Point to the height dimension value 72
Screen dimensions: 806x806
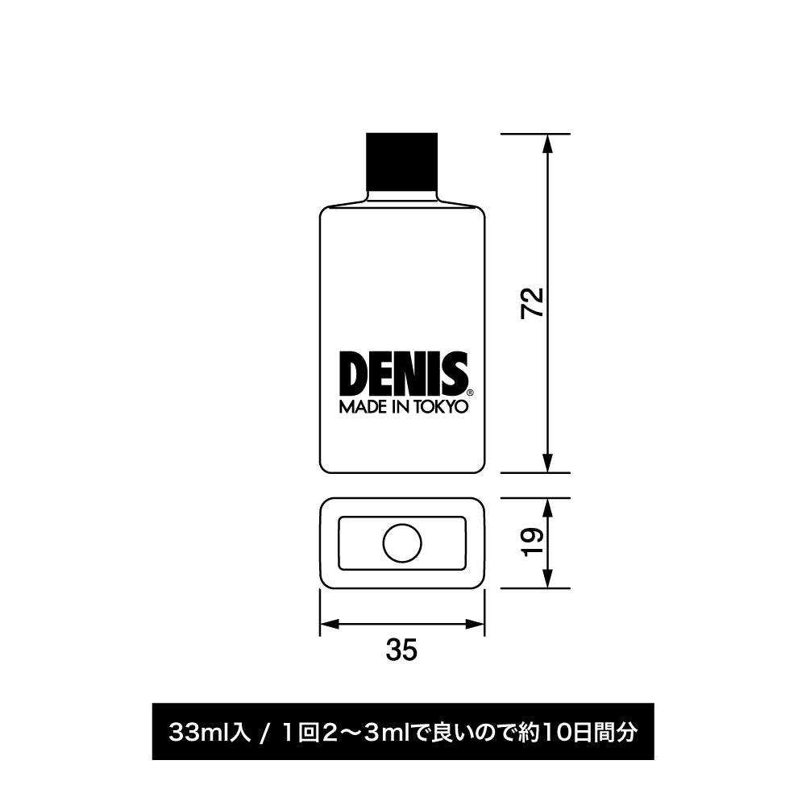pyautogui.click(x=534, y=303)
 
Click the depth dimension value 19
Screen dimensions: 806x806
pyautogui.click(x=534, y=542)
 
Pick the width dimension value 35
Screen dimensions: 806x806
pyautogui.click(x=401, y=650)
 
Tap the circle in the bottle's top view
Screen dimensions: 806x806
pyautogui.click(x=402, y=543)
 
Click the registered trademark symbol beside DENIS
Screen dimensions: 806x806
pyautogui.click(x=471, y=393)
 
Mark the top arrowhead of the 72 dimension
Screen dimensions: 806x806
pyautogui.click(x=547, y=143)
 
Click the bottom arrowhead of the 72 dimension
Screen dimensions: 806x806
pyautogui.click(x=547, y=463)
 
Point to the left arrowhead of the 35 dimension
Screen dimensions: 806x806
pyautogui.click(x=330, y=623)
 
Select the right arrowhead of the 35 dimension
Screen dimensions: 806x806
pyautogui.click(x=476, y=623)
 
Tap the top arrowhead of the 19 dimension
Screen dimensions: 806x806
pyautogui.click(x=547, y=507)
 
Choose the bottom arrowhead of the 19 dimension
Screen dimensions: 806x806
pyautogui.click(x=547, y=580)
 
